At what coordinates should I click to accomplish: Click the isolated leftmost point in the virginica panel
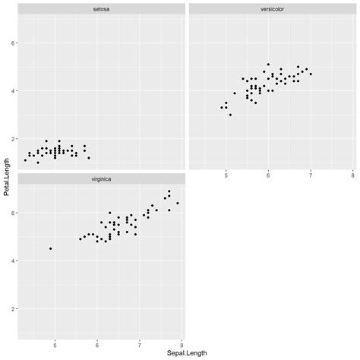[x=51, y=248]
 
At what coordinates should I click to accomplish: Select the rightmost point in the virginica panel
[x=178, y=203]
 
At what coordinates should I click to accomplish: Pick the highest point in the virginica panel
[x=169, y=191]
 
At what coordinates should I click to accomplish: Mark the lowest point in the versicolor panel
[x=230, y=115]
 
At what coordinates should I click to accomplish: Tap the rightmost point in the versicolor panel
[x=311, y=74]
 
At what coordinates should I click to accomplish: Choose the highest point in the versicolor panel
[x=268, y=65]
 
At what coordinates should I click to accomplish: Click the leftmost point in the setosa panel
[x=25, y=160]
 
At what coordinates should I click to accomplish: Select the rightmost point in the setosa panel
[x=89, y=158]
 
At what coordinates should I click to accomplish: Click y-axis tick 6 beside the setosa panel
[x=12, y=43]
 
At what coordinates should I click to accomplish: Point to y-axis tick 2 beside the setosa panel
[x=12, y=139]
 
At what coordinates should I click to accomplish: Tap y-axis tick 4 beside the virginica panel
[x=12, y=261]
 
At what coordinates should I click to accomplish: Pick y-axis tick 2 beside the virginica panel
[x=12, y=308]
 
